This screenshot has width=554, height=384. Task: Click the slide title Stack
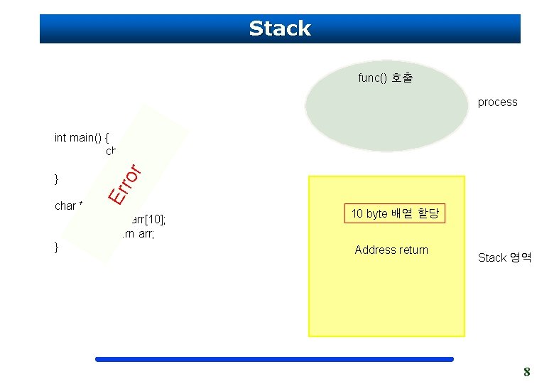280,28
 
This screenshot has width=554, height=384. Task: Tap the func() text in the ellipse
373,78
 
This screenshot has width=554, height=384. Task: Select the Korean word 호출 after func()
401,78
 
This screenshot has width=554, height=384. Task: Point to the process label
497,102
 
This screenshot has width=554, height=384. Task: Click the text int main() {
84,138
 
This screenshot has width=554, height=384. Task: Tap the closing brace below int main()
57,177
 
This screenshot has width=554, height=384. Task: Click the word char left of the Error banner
65,206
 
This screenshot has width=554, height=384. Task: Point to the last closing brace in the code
57,247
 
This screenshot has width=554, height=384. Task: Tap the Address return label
391,250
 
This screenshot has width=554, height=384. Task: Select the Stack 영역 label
504,257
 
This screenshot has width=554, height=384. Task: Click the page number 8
526,371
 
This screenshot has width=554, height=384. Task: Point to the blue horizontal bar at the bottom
274,359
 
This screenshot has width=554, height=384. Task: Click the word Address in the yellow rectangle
374,250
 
